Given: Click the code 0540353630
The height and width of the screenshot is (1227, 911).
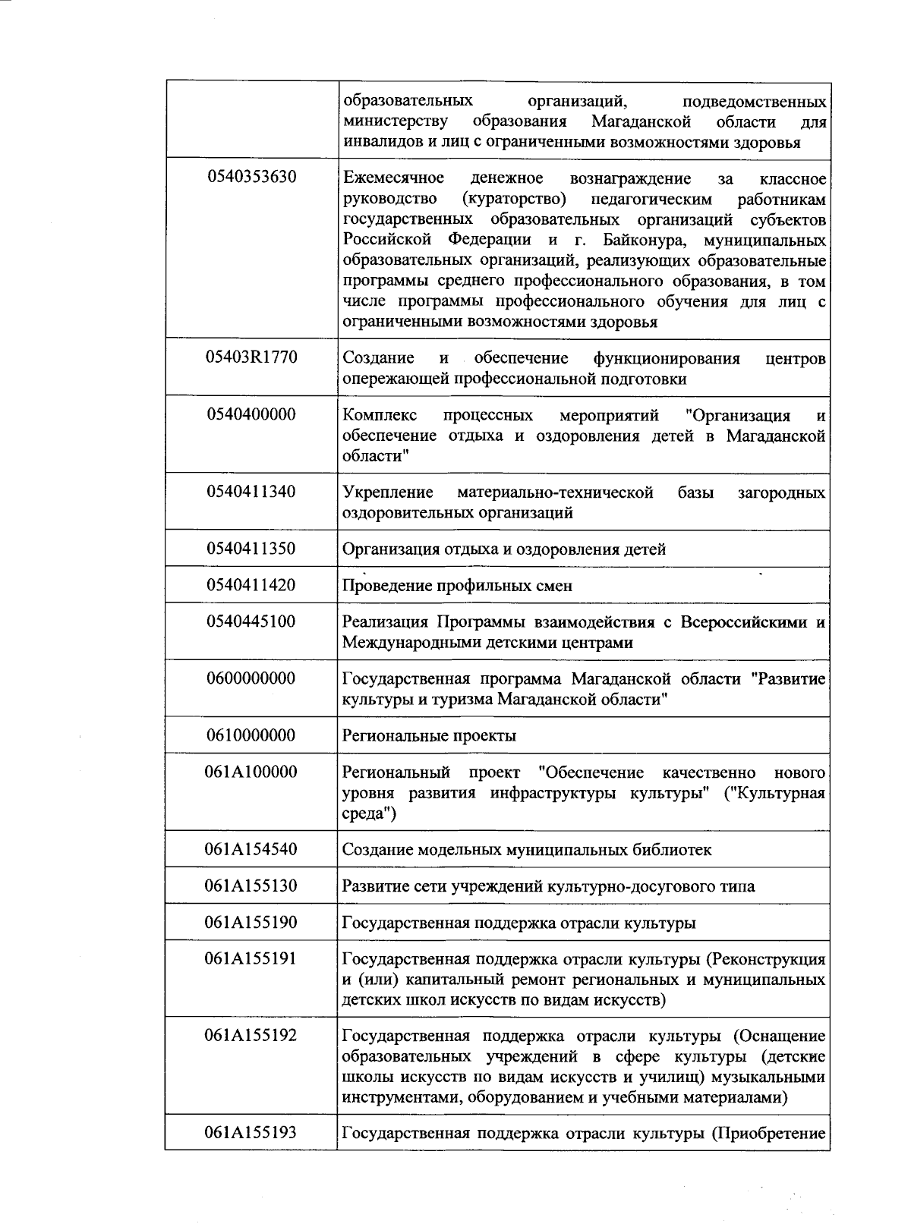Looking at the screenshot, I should (x=251, y=178).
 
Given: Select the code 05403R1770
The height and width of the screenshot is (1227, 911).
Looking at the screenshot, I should (x=251, y=358).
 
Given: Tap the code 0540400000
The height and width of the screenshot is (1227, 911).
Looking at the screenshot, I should (x=251, y=414).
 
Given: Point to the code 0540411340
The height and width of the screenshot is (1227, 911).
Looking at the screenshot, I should (x=251, y=492).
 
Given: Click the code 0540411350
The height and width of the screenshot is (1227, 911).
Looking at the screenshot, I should (x=251, y=548).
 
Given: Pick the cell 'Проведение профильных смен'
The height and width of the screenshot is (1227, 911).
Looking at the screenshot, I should (x=457, y=586).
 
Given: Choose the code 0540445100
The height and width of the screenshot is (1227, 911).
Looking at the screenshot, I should (x=251, y=621).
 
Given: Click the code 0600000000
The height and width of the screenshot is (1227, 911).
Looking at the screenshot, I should (x=251, y=678).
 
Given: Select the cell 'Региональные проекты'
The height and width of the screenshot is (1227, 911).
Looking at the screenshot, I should (x=429, y=735).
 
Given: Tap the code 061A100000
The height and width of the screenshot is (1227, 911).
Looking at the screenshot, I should (x=251, y=772).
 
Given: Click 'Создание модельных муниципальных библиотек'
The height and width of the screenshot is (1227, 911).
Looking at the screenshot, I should (x=527, y=849).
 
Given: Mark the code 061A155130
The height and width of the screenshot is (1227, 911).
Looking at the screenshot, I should (x=251, y=886).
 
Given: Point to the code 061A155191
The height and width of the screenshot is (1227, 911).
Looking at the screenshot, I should (x=251, y=958).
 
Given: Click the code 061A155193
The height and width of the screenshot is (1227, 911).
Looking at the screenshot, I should (x=251, y=1134).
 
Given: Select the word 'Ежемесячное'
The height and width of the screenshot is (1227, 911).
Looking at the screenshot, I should (x=393, y=178).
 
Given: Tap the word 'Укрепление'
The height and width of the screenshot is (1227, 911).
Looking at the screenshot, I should (x=388, y=492).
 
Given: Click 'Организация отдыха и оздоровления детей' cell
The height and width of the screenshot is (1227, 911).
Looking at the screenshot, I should (x=504, y=549).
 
